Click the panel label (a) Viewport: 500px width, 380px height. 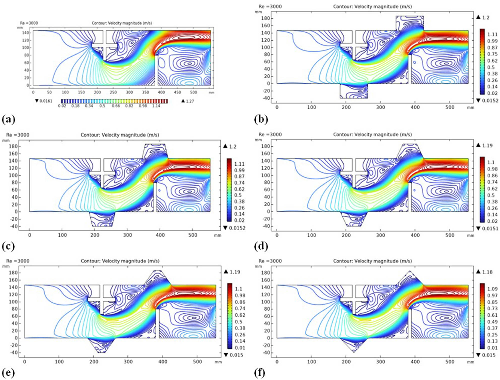tap(8, 119)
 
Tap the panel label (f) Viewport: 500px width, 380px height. tap(260, 373)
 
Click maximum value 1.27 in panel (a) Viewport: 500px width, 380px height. tap(190, 101)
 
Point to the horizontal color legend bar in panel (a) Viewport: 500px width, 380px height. tap(114, 101)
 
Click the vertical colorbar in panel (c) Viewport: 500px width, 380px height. tap(229, 190)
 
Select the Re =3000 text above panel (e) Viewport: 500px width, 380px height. tap(18, 261)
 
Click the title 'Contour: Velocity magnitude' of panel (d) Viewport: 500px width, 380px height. tap(372, 135)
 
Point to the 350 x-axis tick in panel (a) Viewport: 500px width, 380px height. tap(145, 92)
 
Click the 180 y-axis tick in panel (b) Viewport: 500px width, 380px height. tap(266, 18)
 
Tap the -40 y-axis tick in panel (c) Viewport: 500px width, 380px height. tap(14, 226)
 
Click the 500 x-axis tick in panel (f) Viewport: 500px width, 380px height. tap(450, 362)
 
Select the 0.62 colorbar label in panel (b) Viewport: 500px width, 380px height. tap(492, 61)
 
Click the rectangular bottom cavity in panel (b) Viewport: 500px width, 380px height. tap(354, 92)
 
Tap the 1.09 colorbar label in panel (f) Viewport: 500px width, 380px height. tap(492, 289)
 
